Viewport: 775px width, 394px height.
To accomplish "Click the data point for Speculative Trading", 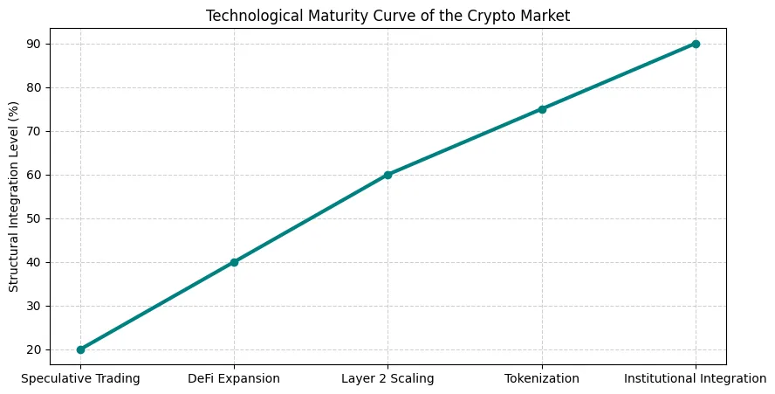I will [x=80, y=349].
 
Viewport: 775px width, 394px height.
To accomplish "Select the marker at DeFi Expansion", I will [x=234, y=262].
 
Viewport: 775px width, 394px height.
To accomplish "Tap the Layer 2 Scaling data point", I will [x=387, y=175].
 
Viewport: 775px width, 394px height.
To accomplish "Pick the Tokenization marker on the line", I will [x=542, y=109].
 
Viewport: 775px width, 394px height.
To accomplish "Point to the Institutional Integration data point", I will [x=696, y=44].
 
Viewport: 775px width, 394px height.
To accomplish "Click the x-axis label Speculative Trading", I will [x=80, y=378].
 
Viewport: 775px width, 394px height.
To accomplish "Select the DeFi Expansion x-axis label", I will [x=234, y=378].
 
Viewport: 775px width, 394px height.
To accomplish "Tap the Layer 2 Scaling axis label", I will [x=387, y=378].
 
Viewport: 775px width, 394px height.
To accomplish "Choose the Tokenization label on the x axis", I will [x=542, y=378].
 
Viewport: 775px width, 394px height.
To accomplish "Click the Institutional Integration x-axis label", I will [x=696, y=378].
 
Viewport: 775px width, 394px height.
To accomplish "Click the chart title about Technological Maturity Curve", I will [x=387, y=15].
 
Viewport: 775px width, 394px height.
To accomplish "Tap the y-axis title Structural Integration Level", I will [x=13, y=197].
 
